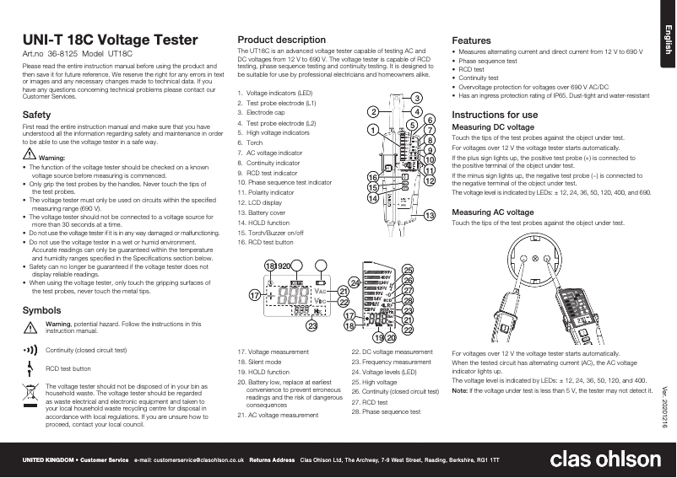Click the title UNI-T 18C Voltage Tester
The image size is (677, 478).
coord(110,40)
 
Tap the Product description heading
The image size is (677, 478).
coord(282,40)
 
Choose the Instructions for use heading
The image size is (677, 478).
coord(495,114)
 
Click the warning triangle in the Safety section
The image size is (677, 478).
coord(30,157)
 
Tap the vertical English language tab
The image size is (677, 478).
coord(666,40)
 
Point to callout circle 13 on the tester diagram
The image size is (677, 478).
coord(429,216)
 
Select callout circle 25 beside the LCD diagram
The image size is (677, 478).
coord(408,269)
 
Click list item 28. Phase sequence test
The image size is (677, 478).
coord(385,412)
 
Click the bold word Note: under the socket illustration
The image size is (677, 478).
coord(460,391)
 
